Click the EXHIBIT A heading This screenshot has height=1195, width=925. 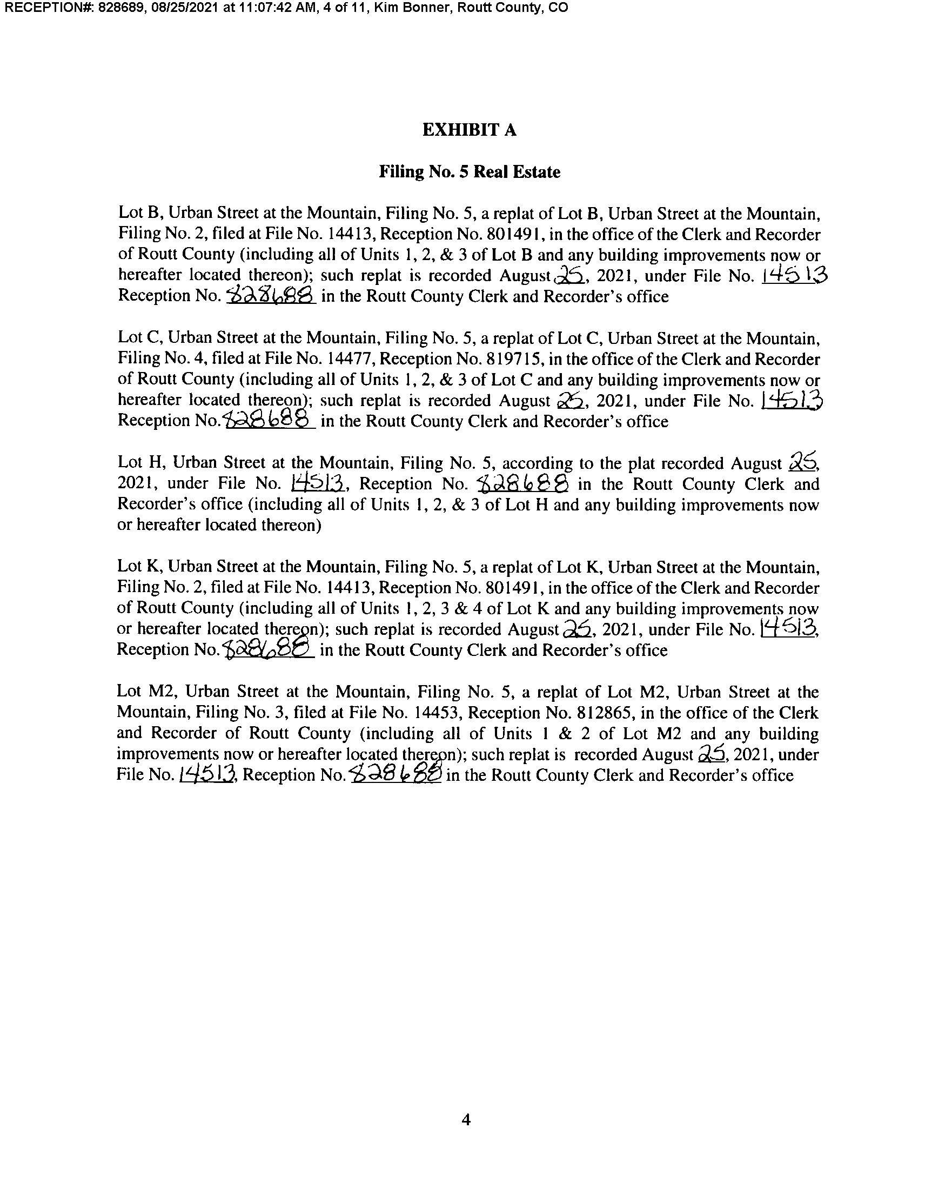pyautogui.click(x=469, y=130)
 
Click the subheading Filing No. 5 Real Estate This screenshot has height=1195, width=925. pyautogui.click(x=469, y=172)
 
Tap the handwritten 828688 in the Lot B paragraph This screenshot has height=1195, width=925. pyautogui.click(x=271, y=295)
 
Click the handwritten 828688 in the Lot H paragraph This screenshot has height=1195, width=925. pyautogui.click(x=522, y=483)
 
